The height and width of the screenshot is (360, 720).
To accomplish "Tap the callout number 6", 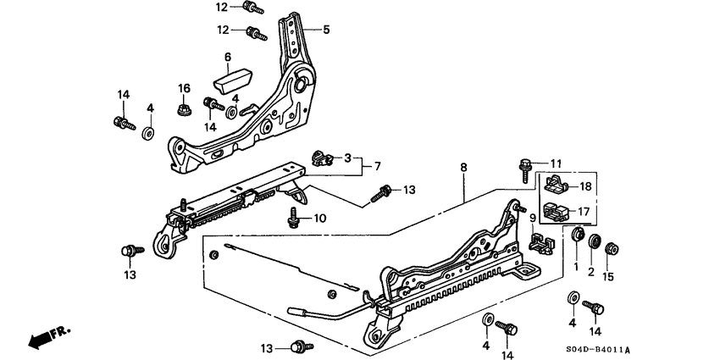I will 227,58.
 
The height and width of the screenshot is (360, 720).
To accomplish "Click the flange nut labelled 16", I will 182,109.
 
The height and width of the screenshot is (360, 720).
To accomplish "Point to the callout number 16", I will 184,89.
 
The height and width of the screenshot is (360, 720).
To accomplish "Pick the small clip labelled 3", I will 320,156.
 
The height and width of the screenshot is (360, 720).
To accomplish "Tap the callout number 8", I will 463,169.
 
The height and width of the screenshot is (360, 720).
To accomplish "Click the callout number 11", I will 556,163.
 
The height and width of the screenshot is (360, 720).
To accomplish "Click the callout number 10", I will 320,218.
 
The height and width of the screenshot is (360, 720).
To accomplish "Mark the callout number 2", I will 592,272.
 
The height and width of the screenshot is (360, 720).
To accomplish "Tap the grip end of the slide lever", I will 303,311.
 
